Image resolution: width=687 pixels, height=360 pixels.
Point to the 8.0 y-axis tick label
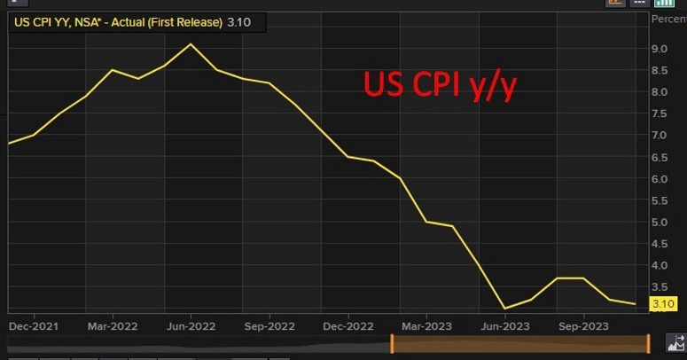pyautogui.click(x=660, y=92)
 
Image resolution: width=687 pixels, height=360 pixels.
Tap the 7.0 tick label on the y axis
pyautogui.click(x=660, y=136)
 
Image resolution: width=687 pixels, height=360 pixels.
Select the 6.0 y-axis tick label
pyautogui.click(x=660, y=179)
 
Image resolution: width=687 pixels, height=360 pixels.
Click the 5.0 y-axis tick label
pyautogui.click(x=660, y=223)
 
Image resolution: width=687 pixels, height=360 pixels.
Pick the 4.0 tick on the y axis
pyautogui.click(x=660, y=266)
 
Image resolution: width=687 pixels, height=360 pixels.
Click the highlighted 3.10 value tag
pyautogui.click(x=664, y=304)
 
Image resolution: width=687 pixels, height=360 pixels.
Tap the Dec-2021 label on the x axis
pyautogui.click(x=33, y=325)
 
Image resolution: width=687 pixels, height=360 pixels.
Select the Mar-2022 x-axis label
pyautogui.click(x=111, y=325)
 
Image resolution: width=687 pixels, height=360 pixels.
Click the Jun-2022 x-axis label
pyautogui.click(x=191, y=325)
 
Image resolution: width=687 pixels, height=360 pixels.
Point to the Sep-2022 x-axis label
pyautogui.click(x=269, y=325)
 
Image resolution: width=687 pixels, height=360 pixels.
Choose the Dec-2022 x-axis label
pyautogui.click(x=347, y=325)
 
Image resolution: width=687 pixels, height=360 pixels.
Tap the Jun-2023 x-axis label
pyautogui.click(x=504, y=325)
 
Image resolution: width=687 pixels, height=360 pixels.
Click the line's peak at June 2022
pyautogui.click(x=191, y=43)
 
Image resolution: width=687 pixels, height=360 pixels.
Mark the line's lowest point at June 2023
pyautogui.click(x=504, y=309)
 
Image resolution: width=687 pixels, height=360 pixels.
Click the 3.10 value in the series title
pyautogui.click(x=238, y=22)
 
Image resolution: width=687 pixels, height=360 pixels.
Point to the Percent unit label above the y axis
pyautogui.click(x=668, y=19)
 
